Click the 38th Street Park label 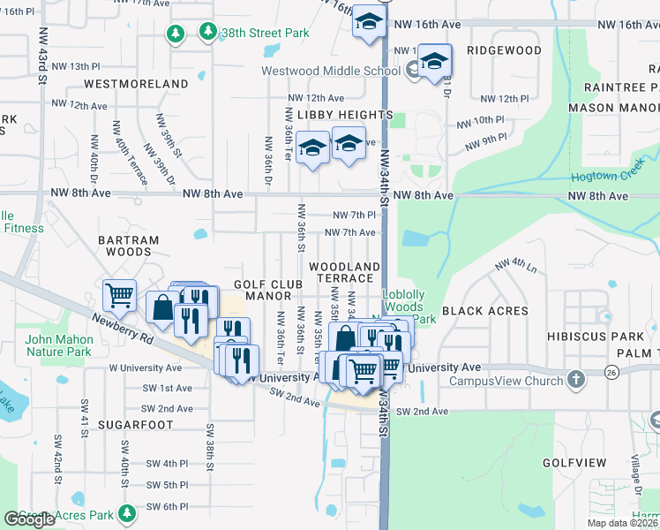coord(266,33)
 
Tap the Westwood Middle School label coord(331,72)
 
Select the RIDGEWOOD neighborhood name coord(504,50)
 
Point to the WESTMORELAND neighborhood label coord(136,84)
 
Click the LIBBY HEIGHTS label coord(344,115)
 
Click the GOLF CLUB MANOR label coord(268,291)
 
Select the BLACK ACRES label coord(484,311)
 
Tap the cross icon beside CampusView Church coord(575,381)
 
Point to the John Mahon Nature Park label coord(58,345)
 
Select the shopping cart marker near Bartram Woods coord(119,294)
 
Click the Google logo coord(30,519)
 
